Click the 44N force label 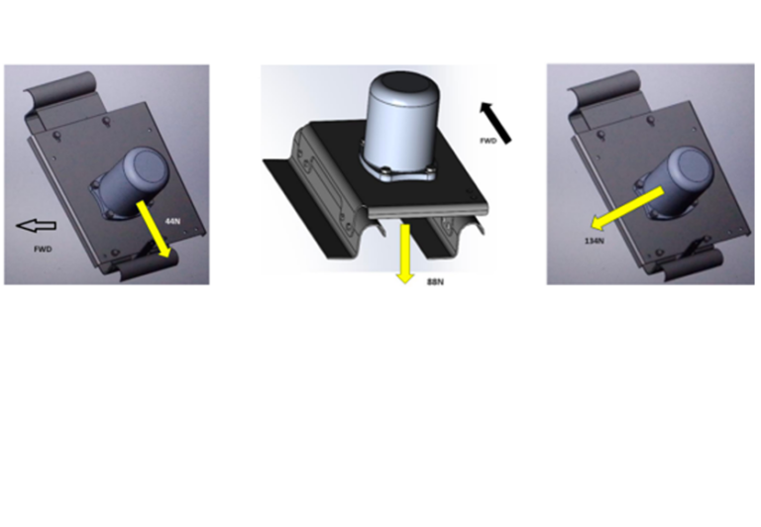click(172, 221)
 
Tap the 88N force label click(435, 282)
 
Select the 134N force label click(595, 241)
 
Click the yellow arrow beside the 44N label click(155, 230)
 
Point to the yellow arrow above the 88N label click(404, 254)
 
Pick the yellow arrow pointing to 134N click(627, 208)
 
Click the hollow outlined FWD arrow click(37, 226)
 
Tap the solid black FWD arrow click(495, 122)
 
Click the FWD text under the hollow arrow click(43, 249)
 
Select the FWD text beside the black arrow click(489, 141)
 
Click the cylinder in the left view click(130, 183)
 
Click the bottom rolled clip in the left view click(147, 265)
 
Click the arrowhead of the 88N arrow click(404, 277)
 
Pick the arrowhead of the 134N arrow click(597, 223)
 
